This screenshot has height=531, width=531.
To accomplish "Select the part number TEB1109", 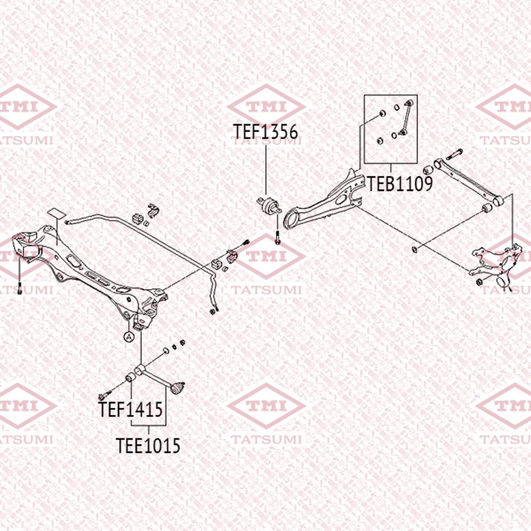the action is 400,184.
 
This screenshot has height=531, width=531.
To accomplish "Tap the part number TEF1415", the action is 131,409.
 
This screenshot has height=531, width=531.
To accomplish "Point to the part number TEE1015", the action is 148,446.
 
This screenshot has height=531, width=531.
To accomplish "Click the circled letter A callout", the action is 129,337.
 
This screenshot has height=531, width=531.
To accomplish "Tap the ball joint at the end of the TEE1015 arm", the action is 177,388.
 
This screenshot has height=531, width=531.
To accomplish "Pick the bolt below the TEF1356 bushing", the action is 278,237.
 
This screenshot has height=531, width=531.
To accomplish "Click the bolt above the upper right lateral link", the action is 455,155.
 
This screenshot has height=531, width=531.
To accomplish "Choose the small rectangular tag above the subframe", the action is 57,213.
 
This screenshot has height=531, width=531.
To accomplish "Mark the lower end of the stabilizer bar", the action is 213,311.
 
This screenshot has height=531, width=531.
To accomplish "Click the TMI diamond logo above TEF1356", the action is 266,106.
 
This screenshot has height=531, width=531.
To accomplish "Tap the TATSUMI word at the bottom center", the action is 266,440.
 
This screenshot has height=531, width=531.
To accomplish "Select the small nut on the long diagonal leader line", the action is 414,250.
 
